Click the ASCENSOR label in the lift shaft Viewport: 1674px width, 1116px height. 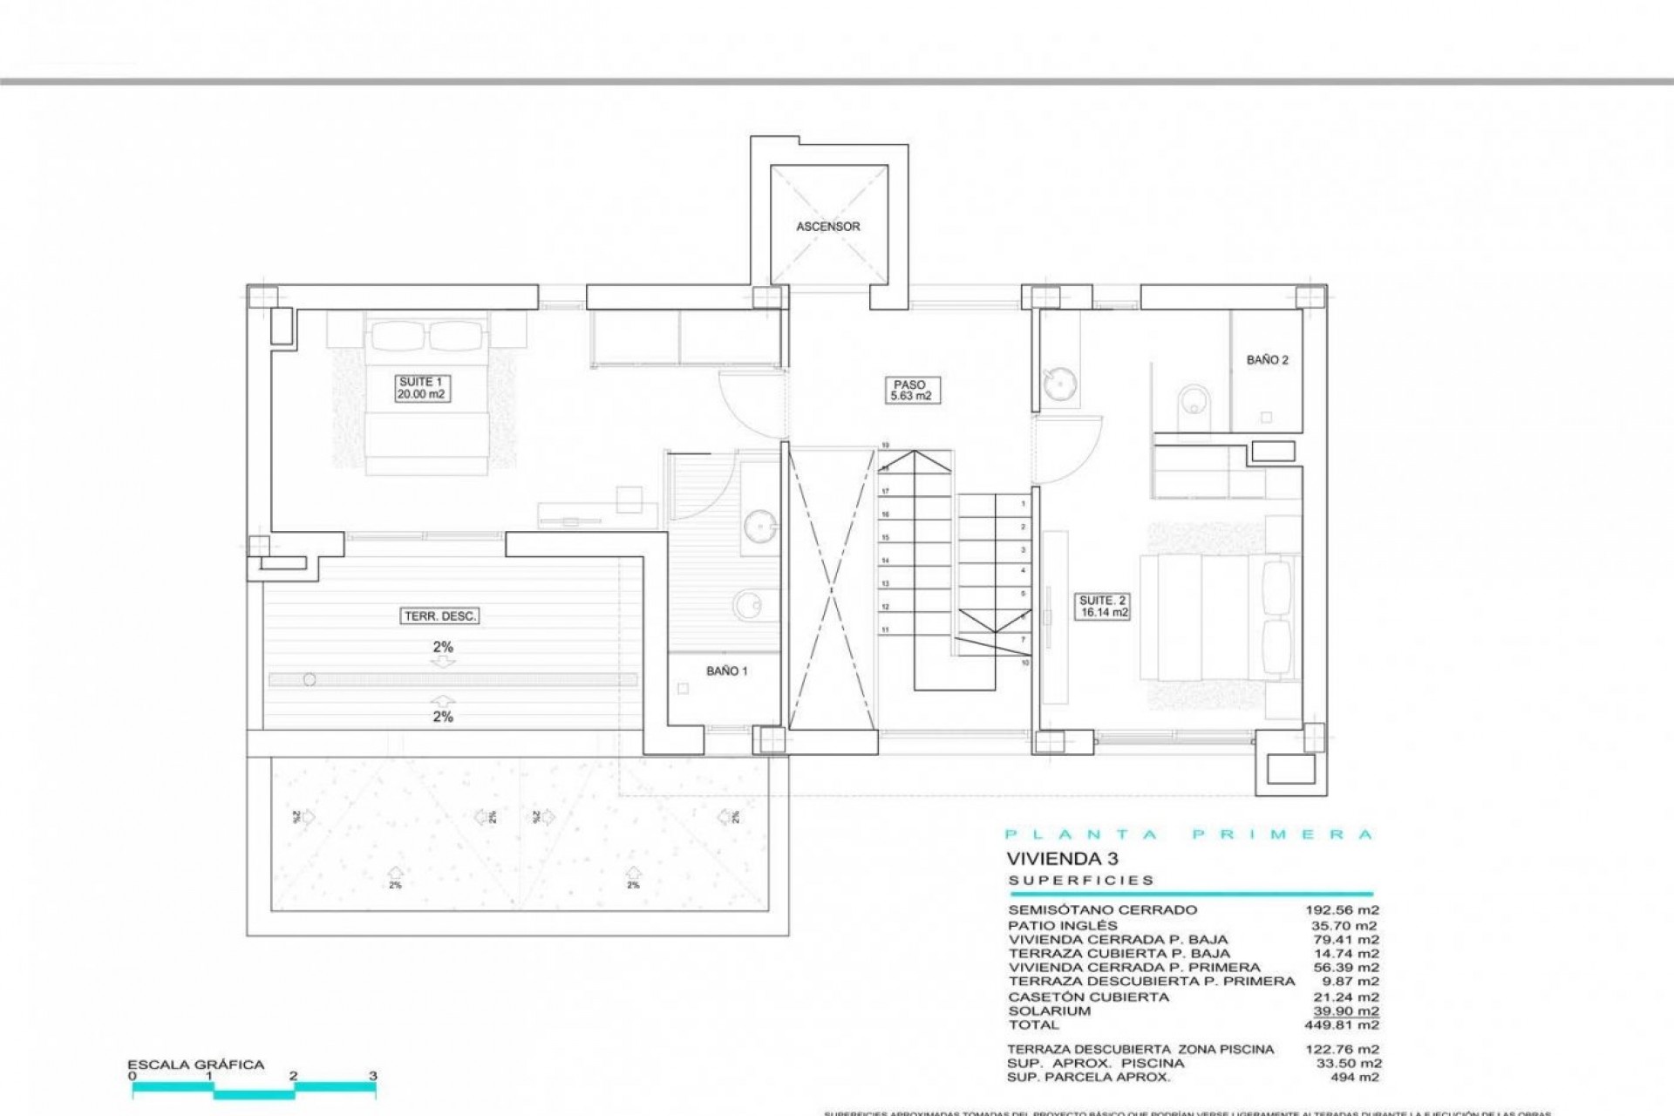pyautogui.click(x=827, y=227)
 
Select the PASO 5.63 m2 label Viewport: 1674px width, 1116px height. pyautogui.click(x=909, y=390)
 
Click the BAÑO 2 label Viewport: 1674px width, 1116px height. pyautogui.click(x=1267, y=360)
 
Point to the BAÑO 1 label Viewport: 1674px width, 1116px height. pyautogui.click(x=726, y=671)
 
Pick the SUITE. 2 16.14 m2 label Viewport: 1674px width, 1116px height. pyautogui.click(x=1103, y=607)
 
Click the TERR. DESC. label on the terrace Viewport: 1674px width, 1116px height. pyautogui.click(x=440, y=616)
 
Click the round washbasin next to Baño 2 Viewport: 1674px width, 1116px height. pyautogui.click(x=1059, y=383)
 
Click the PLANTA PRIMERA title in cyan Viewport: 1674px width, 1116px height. pyautogui.click(x=1189, y=834)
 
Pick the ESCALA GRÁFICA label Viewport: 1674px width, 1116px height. pyautogui.click(x=195, y=1065)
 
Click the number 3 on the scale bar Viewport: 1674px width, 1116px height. pyautogui.click(x=373, y=1076)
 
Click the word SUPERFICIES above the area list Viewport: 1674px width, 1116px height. pyautogui.click(x=1081, y=881)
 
